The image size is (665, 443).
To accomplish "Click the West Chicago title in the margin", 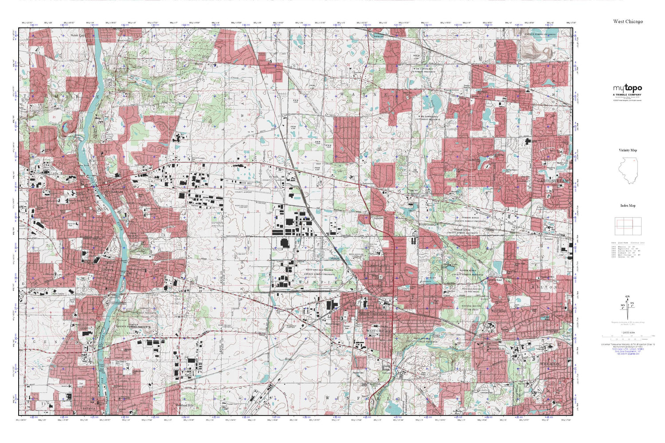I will click(x=628, y=21).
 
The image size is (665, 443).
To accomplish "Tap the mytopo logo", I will click(x=627, y=88).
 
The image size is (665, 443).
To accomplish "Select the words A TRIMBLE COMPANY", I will click(x=627, y=95).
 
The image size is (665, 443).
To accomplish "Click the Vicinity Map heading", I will click(x=628, y=150).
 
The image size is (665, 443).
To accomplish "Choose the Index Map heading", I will click(x=628, y=206).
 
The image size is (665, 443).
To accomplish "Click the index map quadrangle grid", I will click(x=628, y=226).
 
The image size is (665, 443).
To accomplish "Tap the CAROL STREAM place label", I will click(x=552, y=181).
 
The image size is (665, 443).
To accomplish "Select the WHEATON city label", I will click(x=550, y=364).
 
